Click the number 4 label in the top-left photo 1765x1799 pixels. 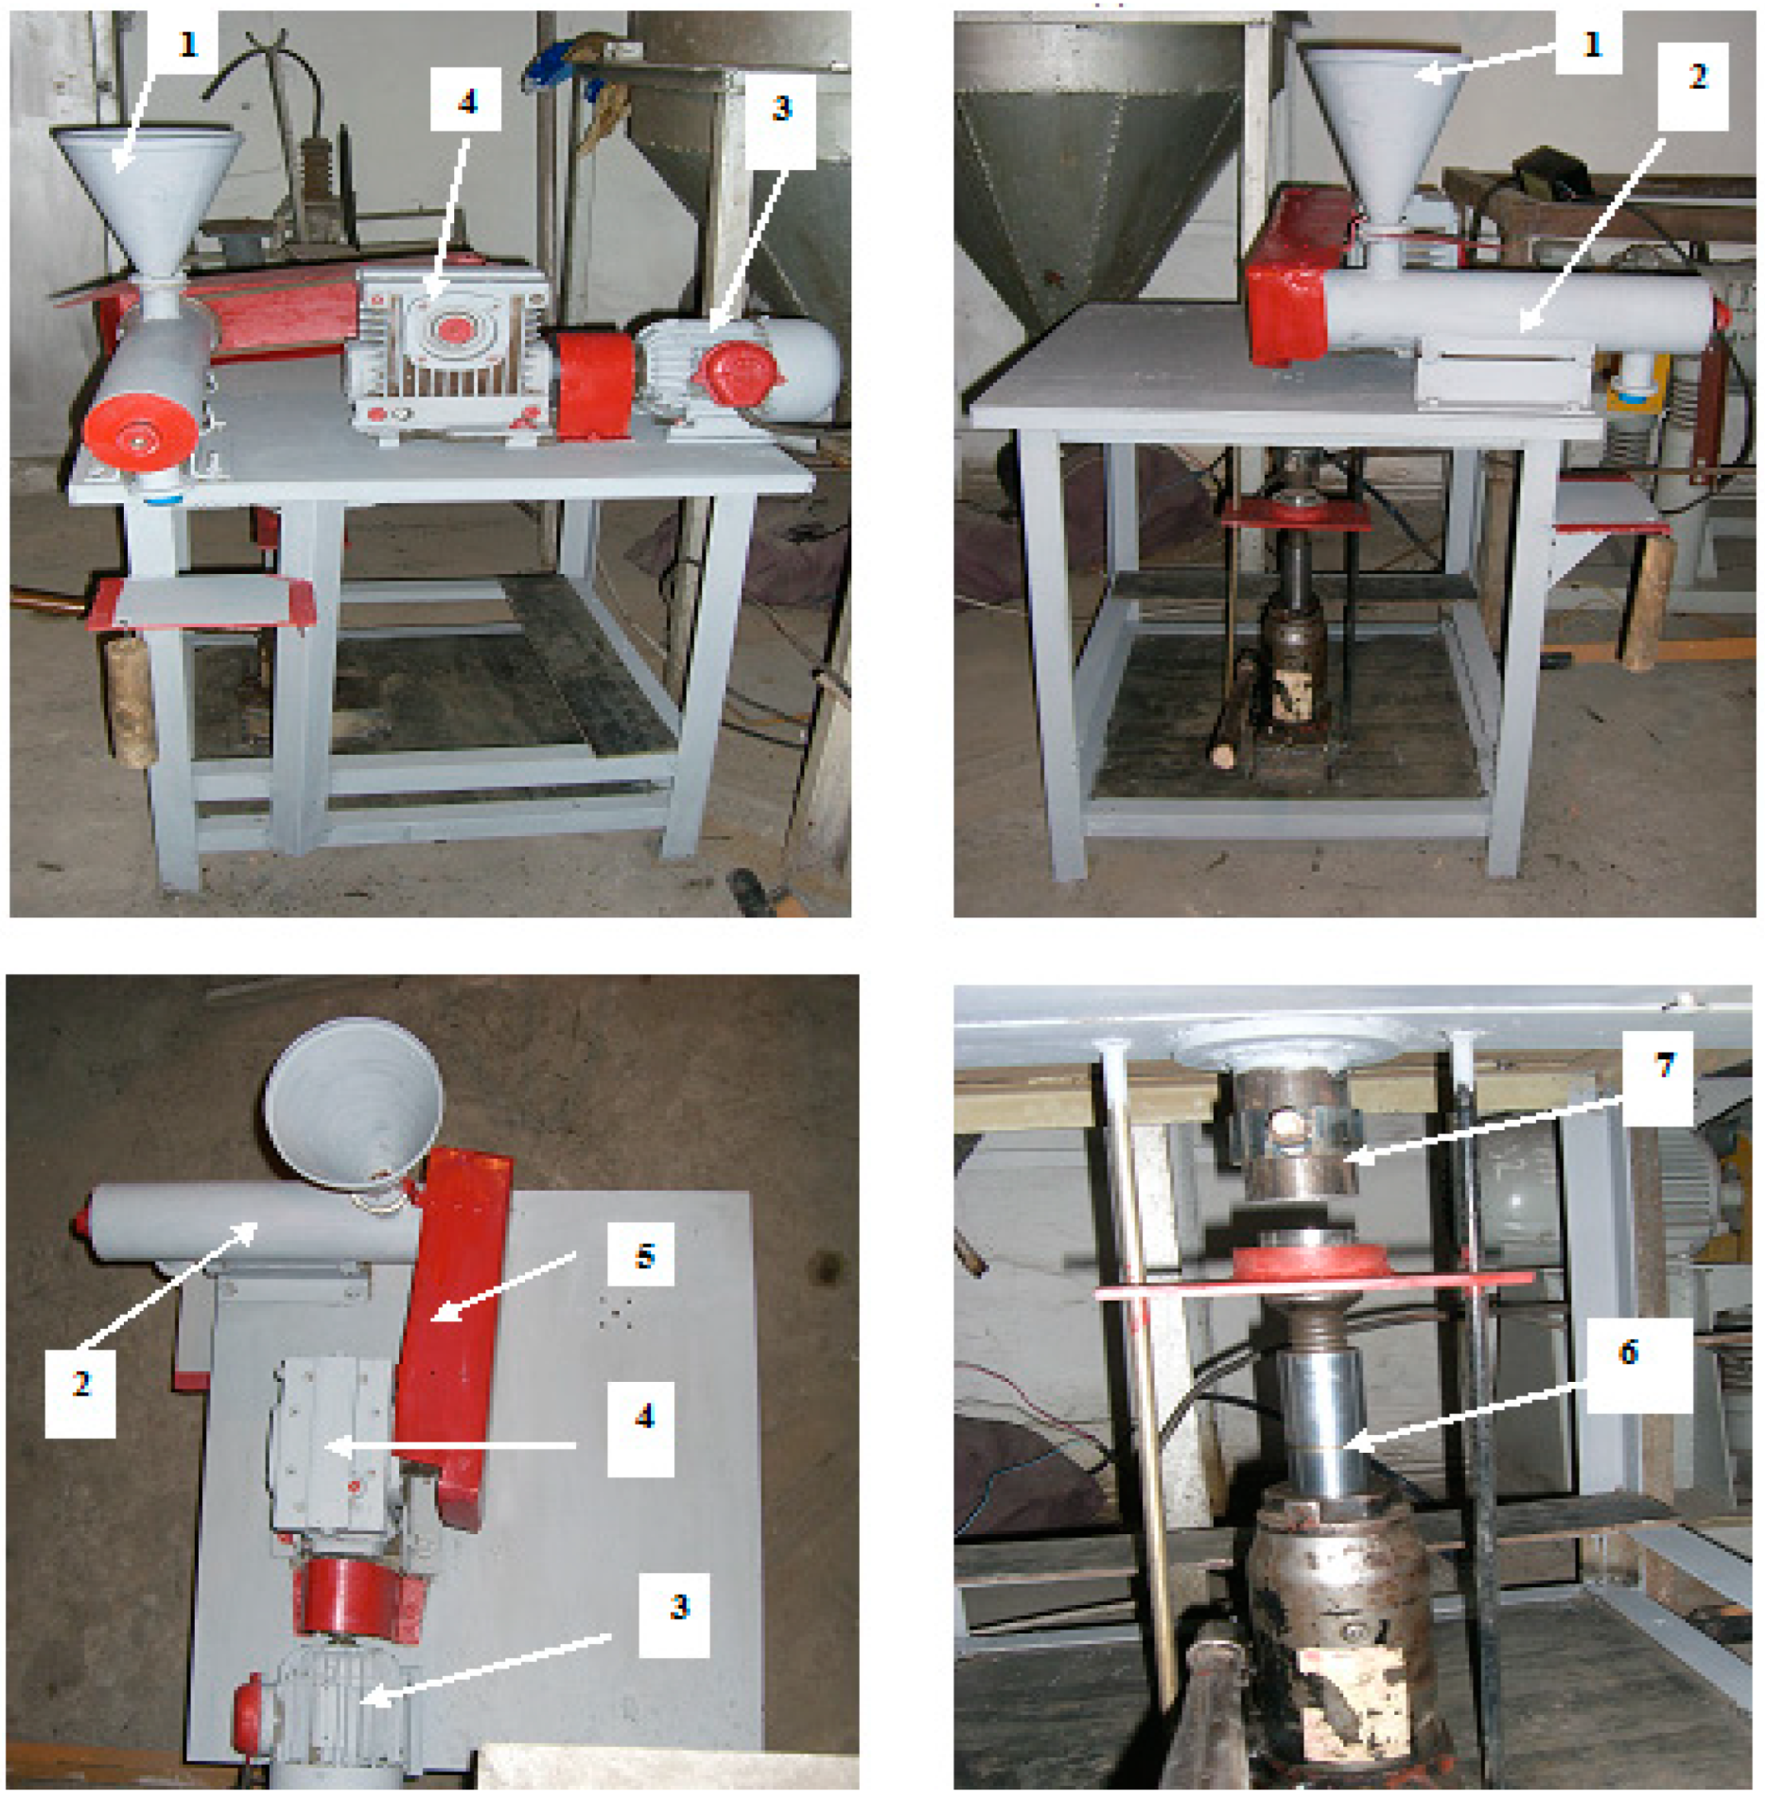[x=465, y=99]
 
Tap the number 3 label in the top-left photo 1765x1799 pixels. [x=780, y=107]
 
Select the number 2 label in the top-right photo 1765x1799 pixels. [x=1694, y=77]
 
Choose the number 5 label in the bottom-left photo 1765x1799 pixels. [x=643, y=1256]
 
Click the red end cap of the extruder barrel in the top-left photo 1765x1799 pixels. [x=142, y=433]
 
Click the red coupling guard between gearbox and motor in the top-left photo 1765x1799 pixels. [x=591, y=383]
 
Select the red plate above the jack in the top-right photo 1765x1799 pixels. [x=1295, y=515]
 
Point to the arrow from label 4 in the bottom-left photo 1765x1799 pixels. [x=450, y=1445]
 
